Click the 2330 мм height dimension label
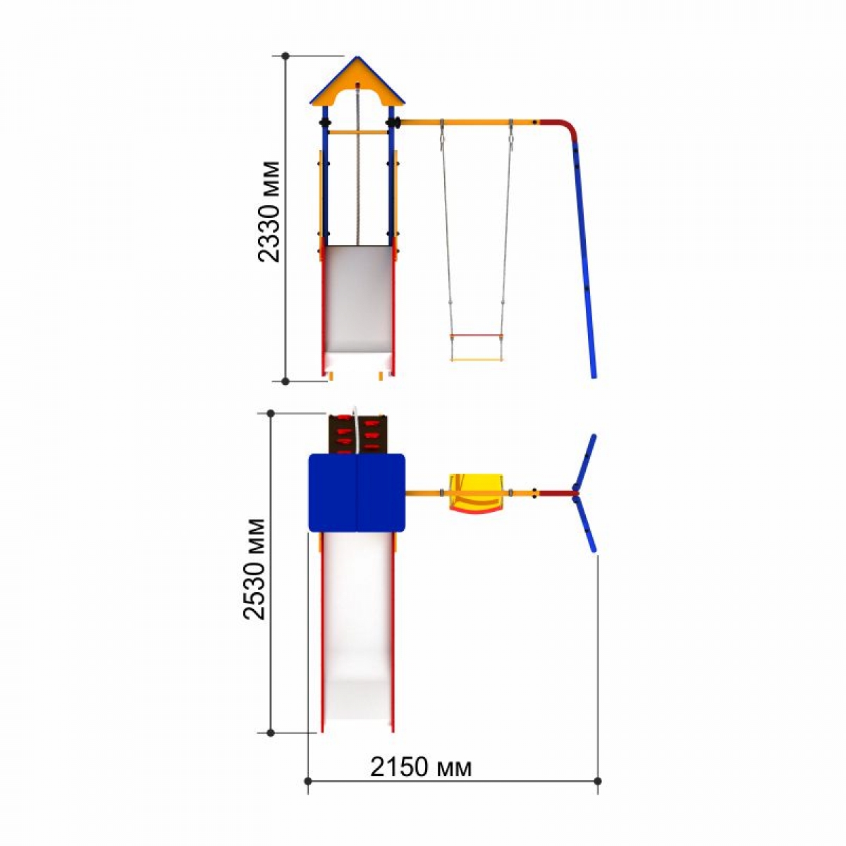(269, 211)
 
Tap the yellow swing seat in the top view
(475, 493)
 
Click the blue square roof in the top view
(357, 493)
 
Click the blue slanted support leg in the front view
(584, 259)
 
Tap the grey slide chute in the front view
(358, 298)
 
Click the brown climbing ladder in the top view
(358, 434)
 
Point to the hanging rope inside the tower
(358, 165)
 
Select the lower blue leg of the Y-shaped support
(585, 522)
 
